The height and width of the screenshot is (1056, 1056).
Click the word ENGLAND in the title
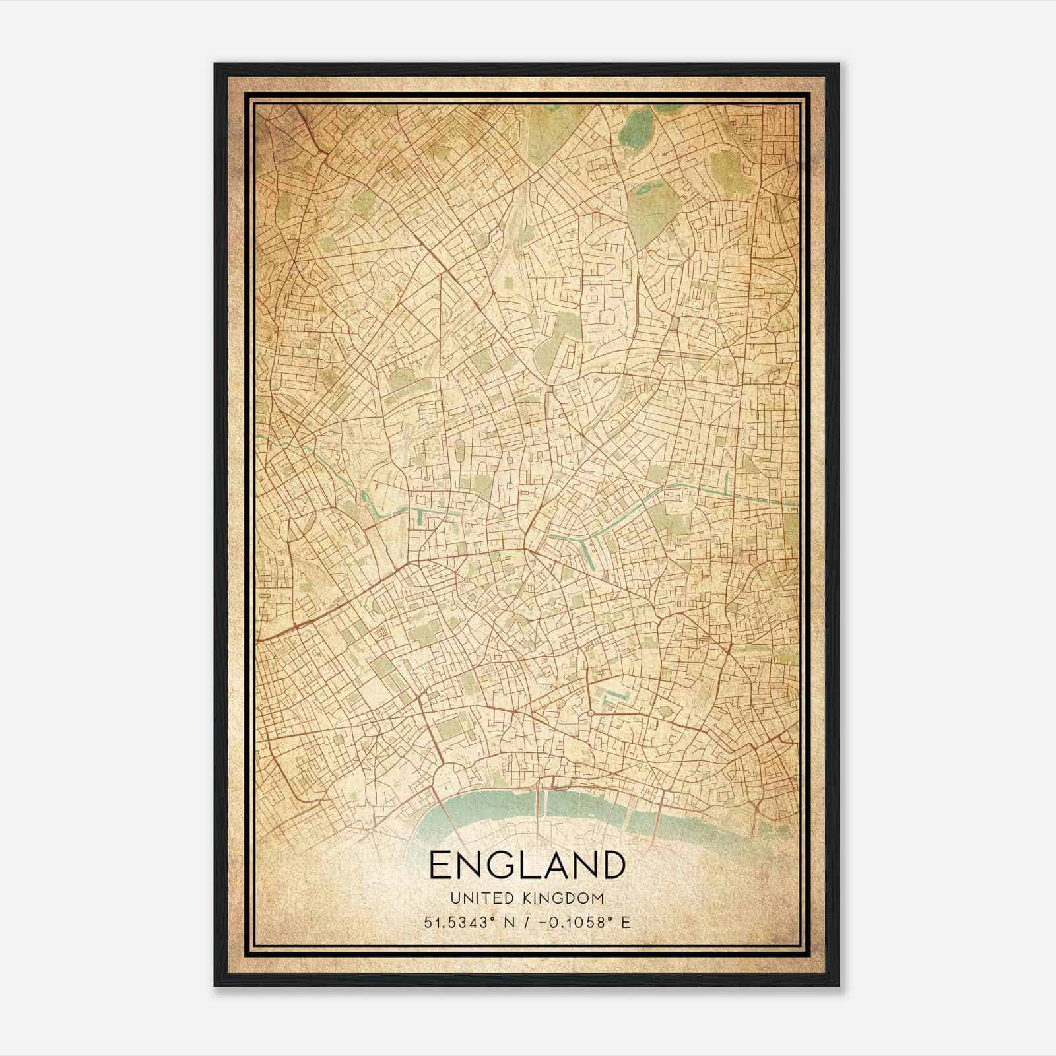coord(527,865)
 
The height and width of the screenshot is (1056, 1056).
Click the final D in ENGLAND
coord(612,865)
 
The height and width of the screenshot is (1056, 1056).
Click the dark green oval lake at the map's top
coord(637,123)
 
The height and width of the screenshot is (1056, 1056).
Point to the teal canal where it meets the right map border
coord(795,504)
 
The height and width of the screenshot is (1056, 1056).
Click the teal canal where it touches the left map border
coord(259,437)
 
